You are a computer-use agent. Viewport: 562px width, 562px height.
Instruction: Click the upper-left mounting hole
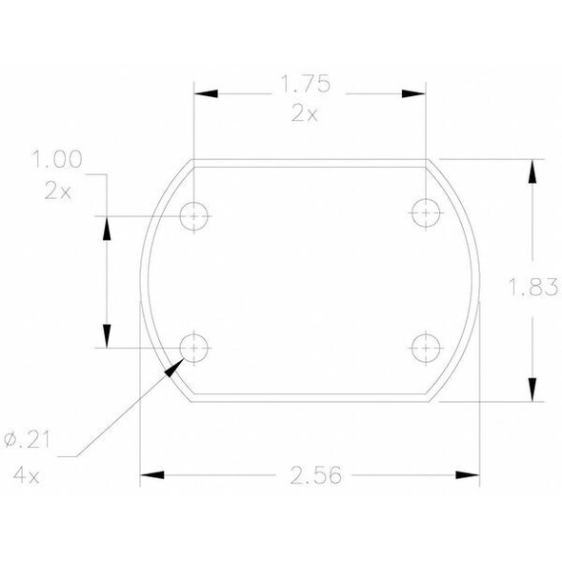point(195,216)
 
